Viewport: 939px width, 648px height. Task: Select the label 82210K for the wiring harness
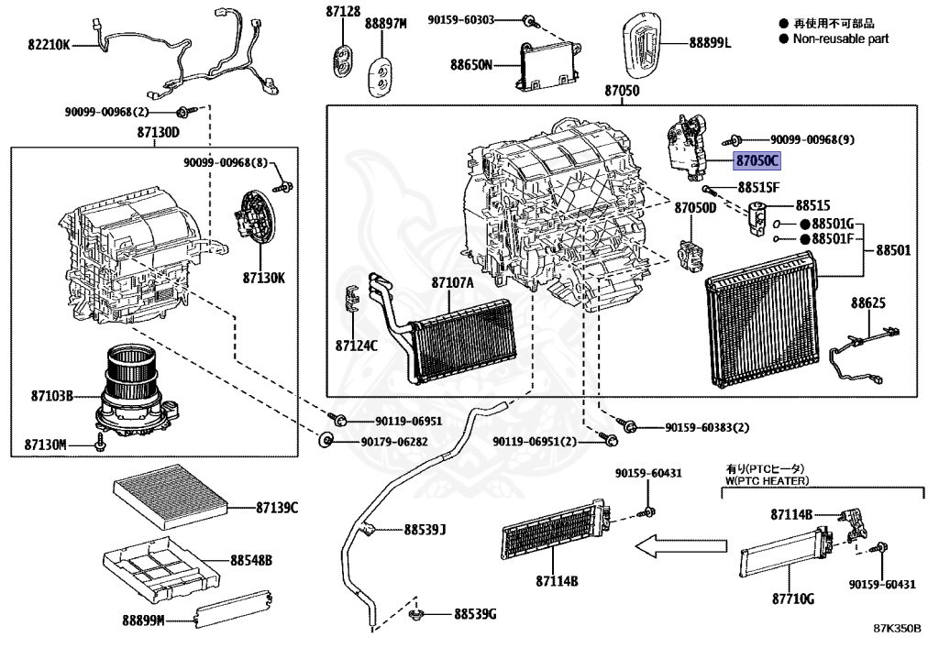48,42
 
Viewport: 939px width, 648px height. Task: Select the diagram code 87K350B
899,631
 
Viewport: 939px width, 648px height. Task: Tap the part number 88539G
474,613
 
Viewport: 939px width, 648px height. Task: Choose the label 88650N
471,64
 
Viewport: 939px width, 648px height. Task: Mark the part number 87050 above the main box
621,92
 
